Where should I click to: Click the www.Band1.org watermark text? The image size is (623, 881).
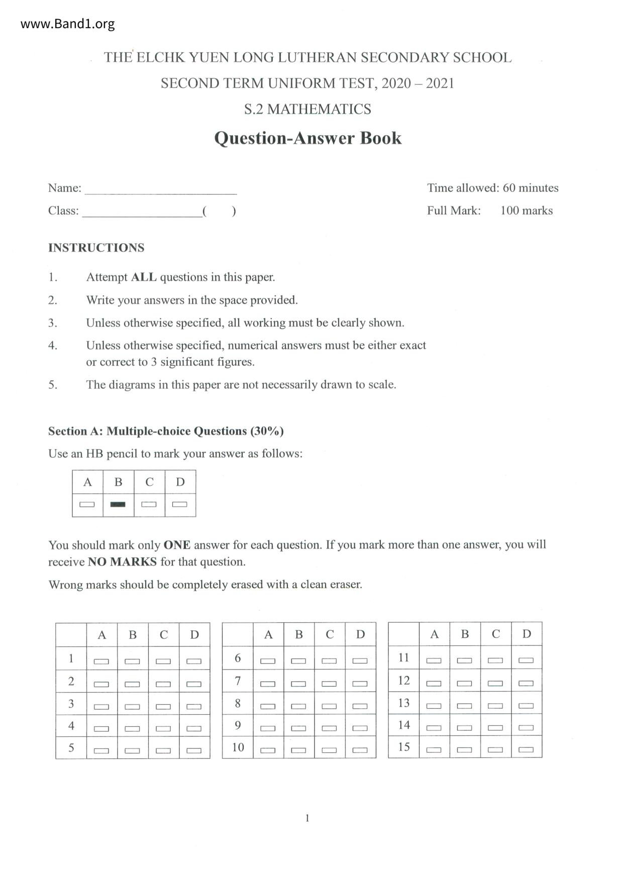[x=68, y=24]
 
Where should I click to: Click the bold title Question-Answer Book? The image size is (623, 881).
[x=307, y=138]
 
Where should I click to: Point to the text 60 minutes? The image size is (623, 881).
[x=531, y=188]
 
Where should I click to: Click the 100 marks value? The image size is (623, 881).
[x=526, y=210]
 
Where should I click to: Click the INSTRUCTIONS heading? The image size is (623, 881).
[x=96, y=248]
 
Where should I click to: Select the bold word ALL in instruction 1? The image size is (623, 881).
[x=144, y=277]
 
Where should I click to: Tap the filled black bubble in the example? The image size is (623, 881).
[x=118, y=504]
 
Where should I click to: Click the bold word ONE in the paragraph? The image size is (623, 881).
[x=177, y=545]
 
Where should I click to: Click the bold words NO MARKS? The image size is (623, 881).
[x=122, y=562]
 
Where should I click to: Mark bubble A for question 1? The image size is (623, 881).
[x=101, y=661]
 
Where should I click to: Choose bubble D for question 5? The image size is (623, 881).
[x=194, y=750]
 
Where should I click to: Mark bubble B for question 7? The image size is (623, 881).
[x=298, y=683]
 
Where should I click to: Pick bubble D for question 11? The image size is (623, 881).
[x=526, y=660]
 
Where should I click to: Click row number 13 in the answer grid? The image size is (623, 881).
[x=404, y=703]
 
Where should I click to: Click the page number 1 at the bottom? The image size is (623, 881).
[x=307, y=818]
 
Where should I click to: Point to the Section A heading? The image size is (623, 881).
[x=166, y=431]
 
